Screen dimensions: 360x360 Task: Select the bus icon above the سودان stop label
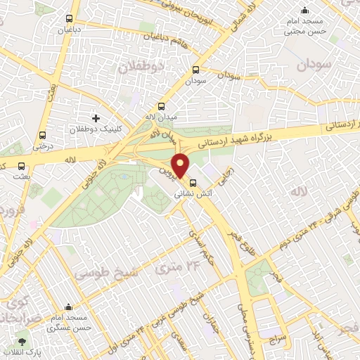pos(195,70)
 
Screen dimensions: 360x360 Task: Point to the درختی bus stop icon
pos(44,135)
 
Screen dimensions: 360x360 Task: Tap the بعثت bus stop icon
pos(22,167)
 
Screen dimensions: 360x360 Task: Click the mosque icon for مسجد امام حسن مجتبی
pos(304,10)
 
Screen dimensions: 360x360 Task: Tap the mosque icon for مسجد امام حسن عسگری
pos(68,307)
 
